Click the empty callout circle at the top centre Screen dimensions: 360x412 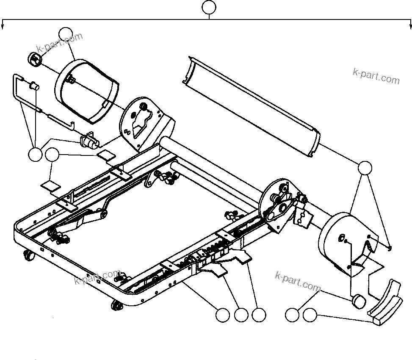[209, 8]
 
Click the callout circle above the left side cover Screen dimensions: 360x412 [66, 33]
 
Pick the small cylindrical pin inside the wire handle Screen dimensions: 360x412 [33, 86]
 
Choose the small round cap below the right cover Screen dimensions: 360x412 [359, 302]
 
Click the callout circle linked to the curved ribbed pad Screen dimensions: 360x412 [310, 315]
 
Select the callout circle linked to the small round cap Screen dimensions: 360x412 [292, 315]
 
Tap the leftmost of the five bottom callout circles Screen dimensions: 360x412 [222, 315]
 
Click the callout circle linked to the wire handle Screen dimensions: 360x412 [35, 155]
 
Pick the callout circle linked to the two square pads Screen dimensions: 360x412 [52, 155]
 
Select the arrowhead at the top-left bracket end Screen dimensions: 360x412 [3, 27]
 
